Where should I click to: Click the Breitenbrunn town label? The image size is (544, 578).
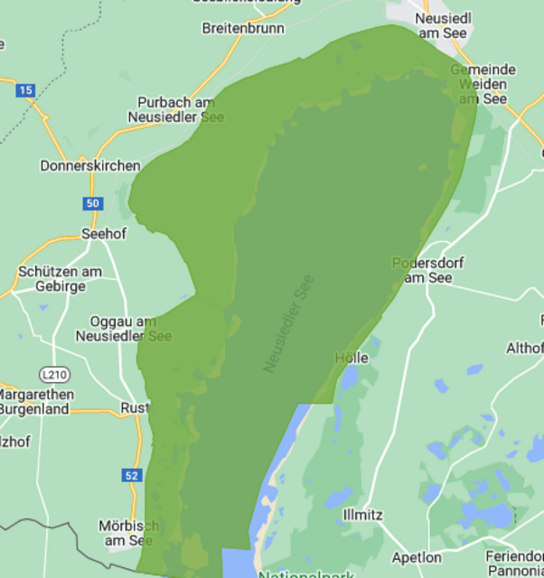(243, 28)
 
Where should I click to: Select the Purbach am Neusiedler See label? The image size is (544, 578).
(176, 109)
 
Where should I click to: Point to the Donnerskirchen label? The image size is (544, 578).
(90, 165)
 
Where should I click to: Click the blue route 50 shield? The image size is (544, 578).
(92, 203)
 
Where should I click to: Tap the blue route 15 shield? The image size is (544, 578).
(25, 89)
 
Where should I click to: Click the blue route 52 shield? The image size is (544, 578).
(132, 475)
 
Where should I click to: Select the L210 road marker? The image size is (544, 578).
(54, 374)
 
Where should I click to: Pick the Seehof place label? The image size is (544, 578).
(104, 233)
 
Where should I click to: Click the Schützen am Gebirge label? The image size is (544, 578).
(60, 279)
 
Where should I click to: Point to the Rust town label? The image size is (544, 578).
(134, 408)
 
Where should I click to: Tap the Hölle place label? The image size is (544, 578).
(352, 358)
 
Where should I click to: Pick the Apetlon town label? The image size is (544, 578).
(417, 557)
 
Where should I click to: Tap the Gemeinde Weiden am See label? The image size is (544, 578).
(483, 84)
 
